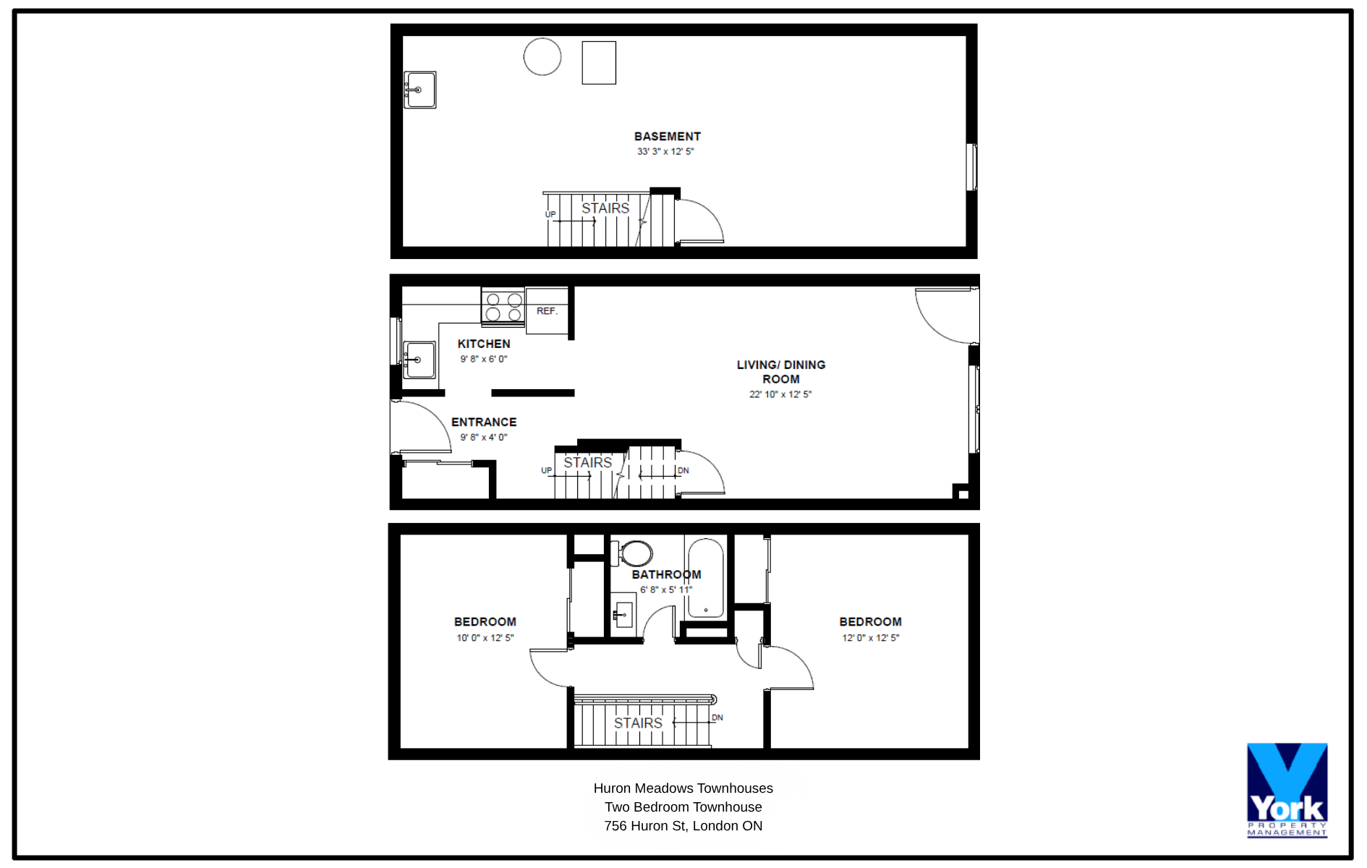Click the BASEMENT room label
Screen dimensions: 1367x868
tap(667, 137)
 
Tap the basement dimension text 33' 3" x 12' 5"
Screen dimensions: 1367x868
tap(665, 152)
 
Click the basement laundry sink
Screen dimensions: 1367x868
tap(420, 90)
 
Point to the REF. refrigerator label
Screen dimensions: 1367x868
tap(547, 311)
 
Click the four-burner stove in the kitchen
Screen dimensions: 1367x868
tap(503, 306)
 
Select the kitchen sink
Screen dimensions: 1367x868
tap(419, 359)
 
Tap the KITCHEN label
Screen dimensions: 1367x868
tap(484, 344)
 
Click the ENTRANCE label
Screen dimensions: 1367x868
tap(484, 422)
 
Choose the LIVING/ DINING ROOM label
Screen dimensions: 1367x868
tap(781, 372)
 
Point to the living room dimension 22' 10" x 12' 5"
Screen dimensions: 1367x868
tap(780, 395)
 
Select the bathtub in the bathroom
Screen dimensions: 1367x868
tap(705, 578)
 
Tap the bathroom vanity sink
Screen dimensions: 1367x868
tap(623, 615)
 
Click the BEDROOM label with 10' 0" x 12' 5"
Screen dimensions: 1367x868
tap(485, 622)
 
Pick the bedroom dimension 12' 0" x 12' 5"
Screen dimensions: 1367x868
tap(871, 638)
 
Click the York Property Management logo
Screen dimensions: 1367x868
tap(1287, 790)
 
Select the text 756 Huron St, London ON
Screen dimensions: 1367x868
tap(683, 826)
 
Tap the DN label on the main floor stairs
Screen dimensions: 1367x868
tap(683, 471)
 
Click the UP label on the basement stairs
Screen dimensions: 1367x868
tap(550, 215)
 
